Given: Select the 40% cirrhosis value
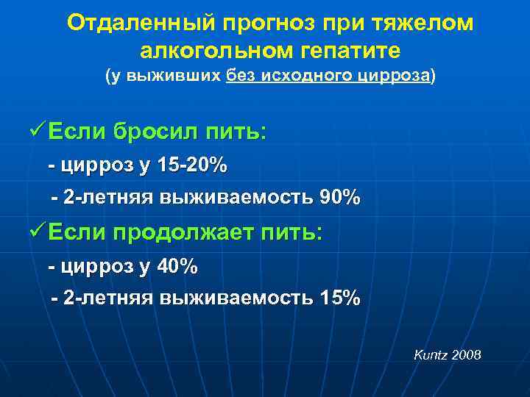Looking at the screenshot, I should (178, 266).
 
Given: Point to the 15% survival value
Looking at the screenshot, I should (340, 298).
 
